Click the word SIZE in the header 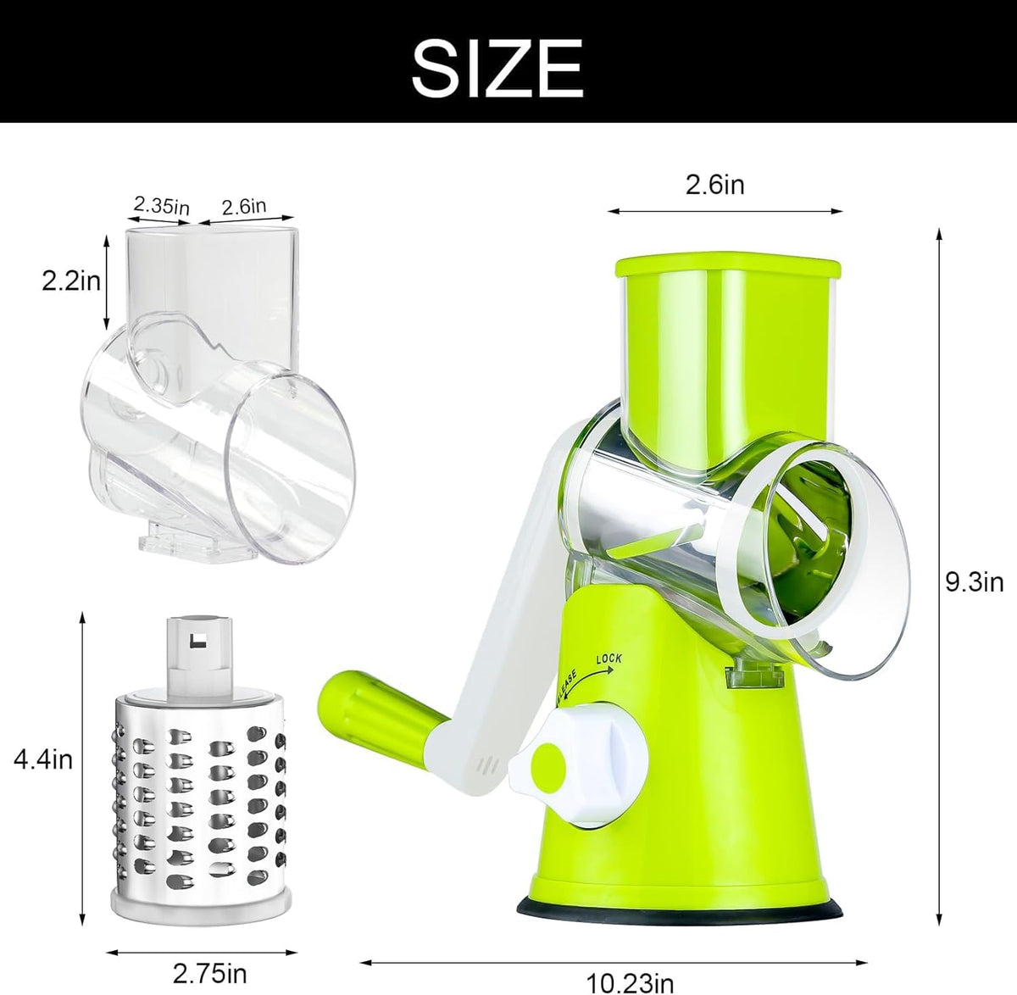click(x=497, y=68)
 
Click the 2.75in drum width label click(x=209, y=973)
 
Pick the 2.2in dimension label click(x=71, y=281)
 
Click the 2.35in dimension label click(x=162, y=205)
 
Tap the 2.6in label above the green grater click(x=715, y=185)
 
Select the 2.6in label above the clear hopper click(x=243, y=207)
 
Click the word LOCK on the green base click(x=609, y=659)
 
